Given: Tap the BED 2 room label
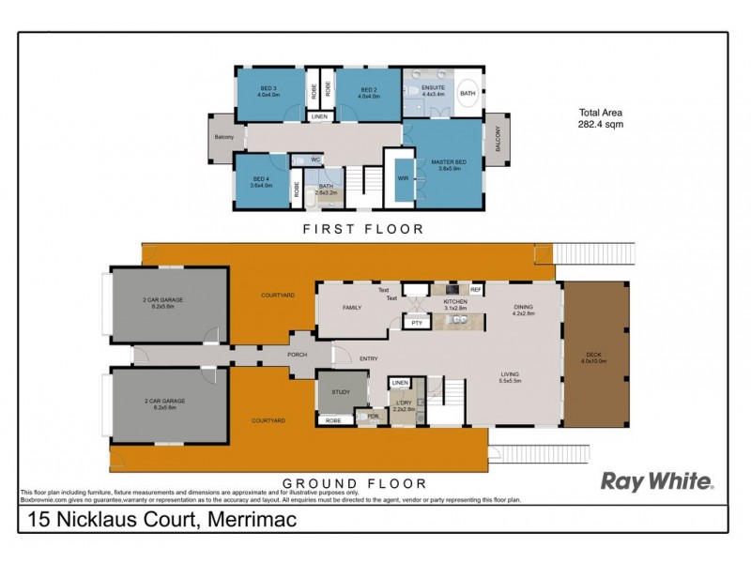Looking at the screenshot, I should click(368, 86).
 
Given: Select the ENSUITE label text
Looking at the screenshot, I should click(433, 87).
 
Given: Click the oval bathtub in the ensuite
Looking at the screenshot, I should click(467, 94).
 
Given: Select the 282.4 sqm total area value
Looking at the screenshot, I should click(601, 124).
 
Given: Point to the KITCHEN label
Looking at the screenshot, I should click(455, 301).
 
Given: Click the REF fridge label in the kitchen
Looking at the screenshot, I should click(475, 291).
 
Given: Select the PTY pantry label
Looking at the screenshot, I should click(415, 323).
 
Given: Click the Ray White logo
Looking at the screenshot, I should click(657, 482).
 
